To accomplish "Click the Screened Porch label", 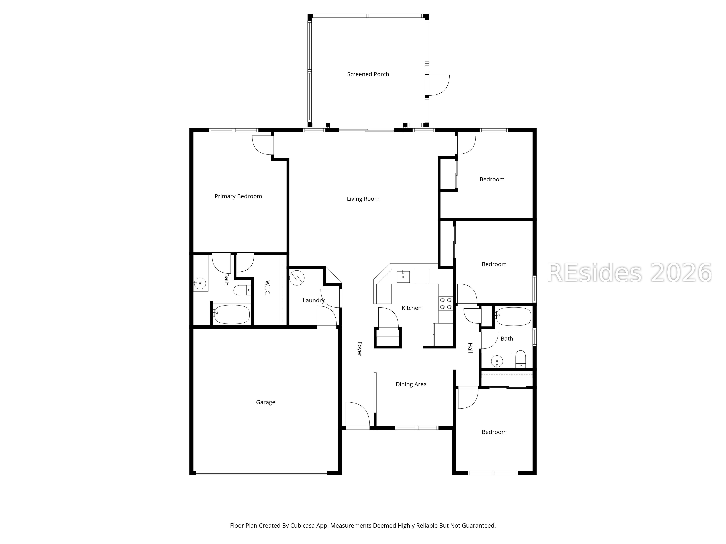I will click(x=368, y=74).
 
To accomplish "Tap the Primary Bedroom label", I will click(x=238, y=196).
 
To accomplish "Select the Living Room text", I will click(x=363, y=199).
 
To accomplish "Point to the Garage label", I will click(x=266, y=402).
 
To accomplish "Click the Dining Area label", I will click(x=411, y=384).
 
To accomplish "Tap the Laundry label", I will click(x=313, y=300).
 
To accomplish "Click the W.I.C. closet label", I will click(x=267, y=288).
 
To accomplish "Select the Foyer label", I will click(x=359, y=349).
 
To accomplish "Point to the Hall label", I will click(x=470, y=348).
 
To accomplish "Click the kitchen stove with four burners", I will click(x=446, y=303).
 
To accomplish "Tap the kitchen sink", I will click(x=403, y=276).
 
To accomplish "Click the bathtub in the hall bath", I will click(x=513, y=316).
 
